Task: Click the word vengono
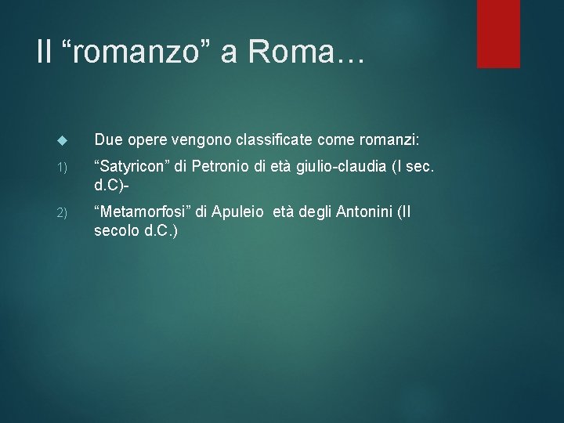[193, 140]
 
